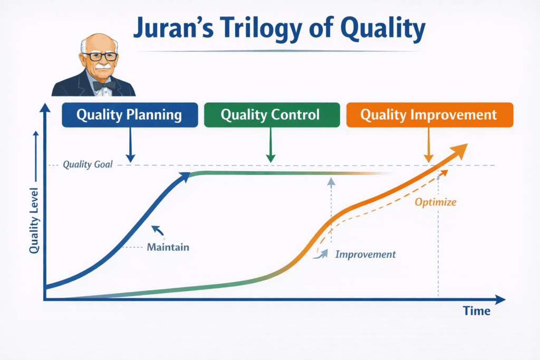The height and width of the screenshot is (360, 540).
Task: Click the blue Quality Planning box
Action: click(x=129, y=115)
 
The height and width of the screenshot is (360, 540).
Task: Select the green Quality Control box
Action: click(x=270, y=115)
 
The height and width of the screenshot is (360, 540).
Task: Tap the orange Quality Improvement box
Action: click(x=429, y=115)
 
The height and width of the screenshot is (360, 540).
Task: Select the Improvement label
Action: click(x=365, y=254)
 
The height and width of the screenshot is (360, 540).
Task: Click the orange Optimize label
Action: click(x=435, y=201)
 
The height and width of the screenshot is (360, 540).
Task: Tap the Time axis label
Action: click(x=477, y=311)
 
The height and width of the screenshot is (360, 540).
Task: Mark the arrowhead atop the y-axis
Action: click(x=46, y=108)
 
